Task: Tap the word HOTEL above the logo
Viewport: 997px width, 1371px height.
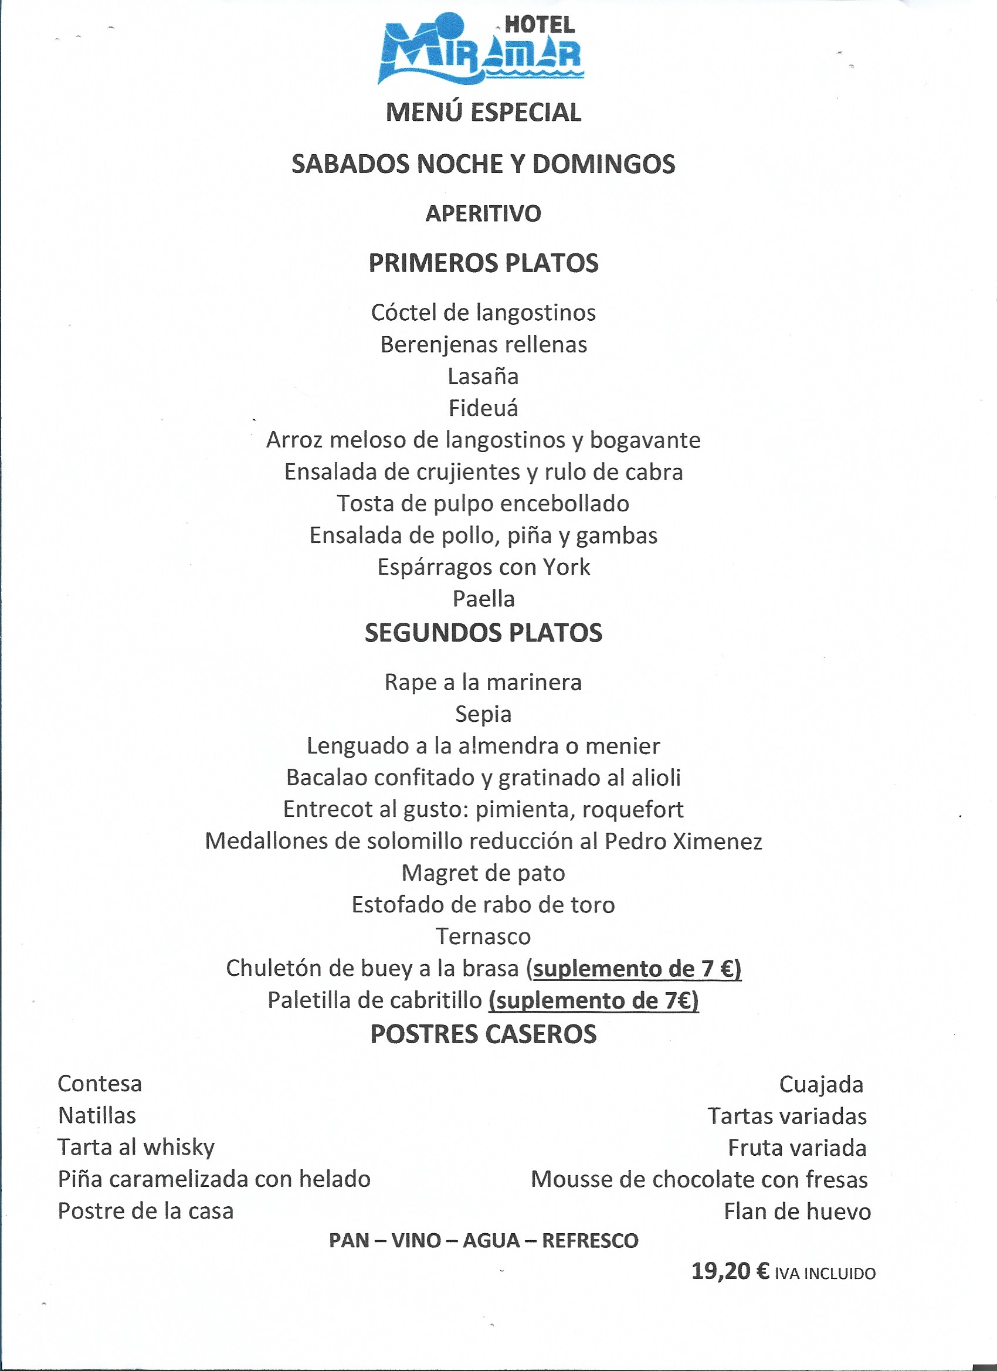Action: pos(540,25)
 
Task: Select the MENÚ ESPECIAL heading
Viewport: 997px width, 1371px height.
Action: pos(483,113)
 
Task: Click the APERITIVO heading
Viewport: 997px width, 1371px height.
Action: pos(483,214)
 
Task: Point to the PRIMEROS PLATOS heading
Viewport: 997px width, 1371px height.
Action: pos(483,263)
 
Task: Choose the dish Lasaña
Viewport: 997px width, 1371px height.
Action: pos(483,376)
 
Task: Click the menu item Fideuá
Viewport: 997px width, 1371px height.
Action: pos(483,409)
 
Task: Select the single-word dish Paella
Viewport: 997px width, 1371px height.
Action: pos(483,599)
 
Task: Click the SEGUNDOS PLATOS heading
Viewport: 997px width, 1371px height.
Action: pos(483,633)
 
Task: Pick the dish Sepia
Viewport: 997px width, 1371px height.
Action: pos(483,714)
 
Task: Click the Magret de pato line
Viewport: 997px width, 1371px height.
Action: pos(483,874)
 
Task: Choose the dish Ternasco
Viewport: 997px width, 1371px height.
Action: pos(483,937)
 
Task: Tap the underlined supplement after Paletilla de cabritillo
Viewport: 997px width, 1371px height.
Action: pos(593,1001)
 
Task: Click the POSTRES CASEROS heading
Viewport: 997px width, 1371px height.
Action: pos(483,1035)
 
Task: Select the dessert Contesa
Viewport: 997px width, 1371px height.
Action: pos(100,1084)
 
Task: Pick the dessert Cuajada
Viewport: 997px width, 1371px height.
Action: pos(820,1084)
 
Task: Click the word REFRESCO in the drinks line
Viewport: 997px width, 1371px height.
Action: pos(589,1241)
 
